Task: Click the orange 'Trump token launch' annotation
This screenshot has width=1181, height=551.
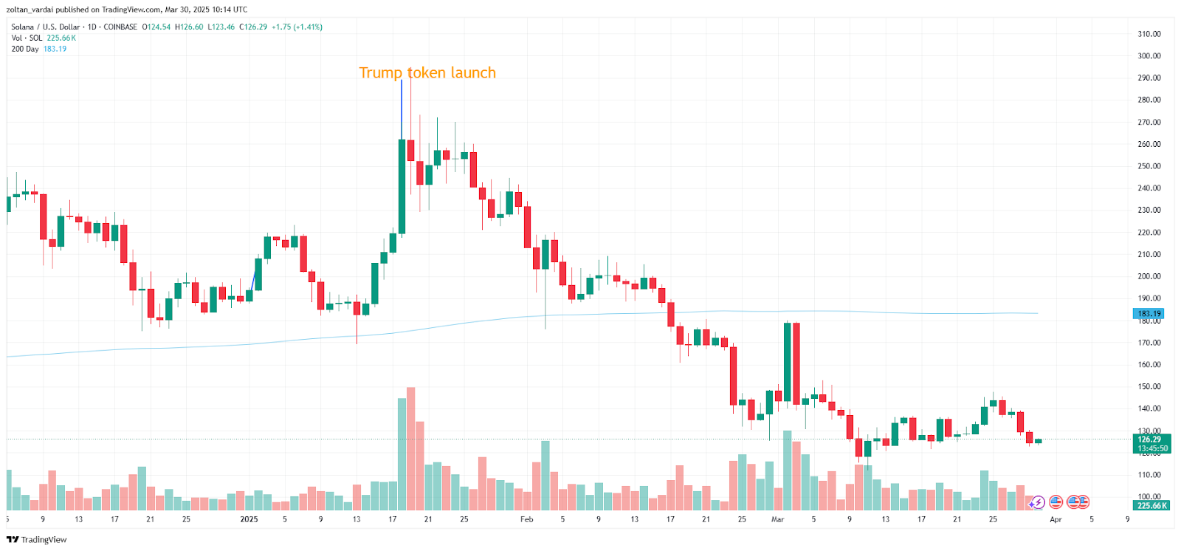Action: (x=427, y=72)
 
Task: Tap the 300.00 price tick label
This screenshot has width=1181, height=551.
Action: (x=1149, y=56)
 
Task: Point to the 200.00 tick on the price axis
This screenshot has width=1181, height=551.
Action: (x=1149, y=276)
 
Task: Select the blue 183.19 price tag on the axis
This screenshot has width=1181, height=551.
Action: (x=1149, y=314)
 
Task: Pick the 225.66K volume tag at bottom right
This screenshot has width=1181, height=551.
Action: (x=1151, y=506)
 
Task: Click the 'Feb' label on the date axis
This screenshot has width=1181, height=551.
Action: (x=526, y=519)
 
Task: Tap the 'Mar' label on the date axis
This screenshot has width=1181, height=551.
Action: (x=777, y=519)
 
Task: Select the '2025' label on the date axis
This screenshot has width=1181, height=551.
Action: (x=249, y=519)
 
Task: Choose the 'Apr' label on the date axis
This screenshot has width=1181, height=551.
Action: (x=1056, y=519)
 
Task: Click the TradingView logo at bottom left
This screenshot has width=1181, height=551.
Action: (x=37, y=539)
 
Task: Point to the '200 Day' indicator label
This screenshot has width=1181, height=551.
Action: (x=25, y=49)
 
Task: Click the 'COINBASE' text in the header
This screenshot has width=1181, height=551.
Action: (x=120, y=27)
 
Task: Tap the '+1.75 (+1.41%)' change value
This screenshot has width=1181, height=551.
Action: (x=297, y=27)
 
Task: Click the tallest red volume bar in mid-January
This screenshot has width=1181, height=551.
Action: (x=411, y=448)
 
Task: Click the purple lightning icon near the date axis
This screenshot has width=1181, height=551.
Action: (x=1037, y=503)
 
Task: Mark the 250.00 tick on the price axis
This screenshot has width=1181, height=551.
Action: (x=1149, y=166)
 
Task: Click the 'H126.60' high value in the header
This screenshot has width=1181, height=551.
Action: (x=189, y=27)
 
